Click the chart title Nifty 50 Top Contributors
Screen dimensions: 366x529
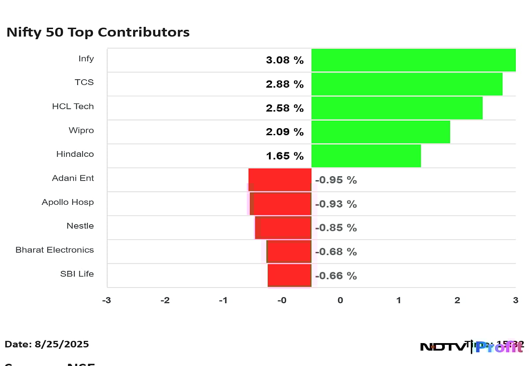[x=98, y=33]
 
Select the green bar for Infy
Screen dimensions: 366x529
[x=413, y=60]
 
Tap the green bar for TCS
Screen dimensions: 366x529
[x=406, y=84]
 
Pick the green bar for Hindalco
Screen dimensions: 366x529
[x=366, y=156]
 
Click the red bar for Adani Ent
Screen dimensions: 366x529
[x=280, y=180]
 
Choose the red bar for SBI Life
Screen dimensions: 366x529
[x=289, y=275]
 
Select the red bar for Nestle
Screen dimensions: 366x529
[x=283, y=228]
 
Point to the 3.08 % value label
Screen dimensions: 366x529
[x=284, y=60]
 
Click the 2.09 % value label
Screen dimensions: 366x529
[x=284, y=132]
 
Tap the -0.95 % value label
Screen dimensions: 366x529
[x=335, y=180]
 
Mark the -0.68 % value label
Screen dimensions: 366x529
[x=335, y=252]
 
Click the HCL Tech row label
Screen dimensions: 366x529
[x=73, y=107]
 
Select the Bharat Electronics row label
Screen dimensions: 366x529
[x=55, y=250]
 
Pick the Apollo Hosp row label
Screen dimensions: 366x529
[x=67, y=202]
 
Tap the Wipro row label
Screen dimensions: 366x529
[x=81, y=130]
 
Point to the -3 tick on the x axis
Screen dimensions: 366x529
[x=107, y=300]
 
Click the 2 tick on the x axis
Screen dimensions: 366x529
[x=457, y=300]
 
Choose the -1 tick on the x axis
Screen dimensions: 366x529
[x=223, y=300]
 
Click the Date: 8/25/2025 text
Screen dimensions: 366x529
[x=47, y=344]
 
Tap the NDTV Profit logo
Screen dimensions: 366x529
[x=472, y=347]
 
